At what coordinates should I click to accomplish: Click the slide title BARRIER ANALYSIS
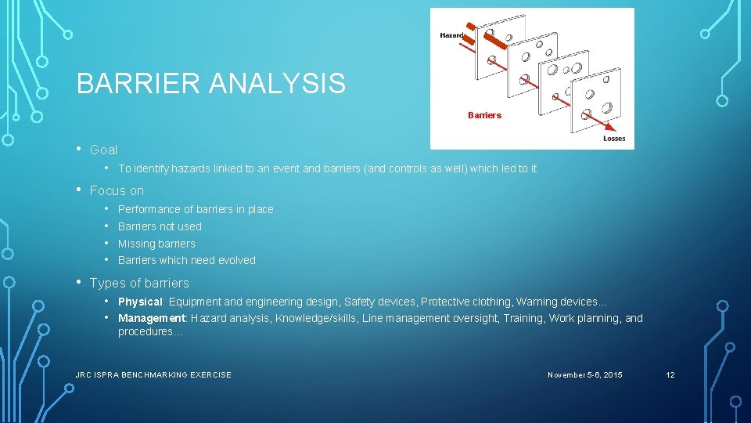[x=210, y=83]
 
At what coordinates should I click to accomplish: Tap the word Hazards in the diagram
[x=452, y=35]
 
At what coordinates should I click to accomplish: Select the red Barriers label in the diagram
[x=484, y=115]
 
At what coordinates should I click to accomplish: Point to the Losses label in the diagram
[x=614, y=139]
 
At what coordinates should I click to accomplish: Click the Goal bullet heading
[x=103, y=150]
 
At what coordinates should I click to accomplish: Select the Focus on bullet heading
[x=117, y=190]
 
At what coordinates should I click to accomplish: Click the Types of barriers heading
[x=139, y=283]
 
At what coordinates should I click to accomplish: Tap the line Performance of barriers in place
[x=196, y=209]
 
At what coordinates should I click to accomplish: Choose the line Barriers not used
[x=160, y=226]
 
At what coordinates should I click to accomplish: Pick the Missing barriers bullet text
[x=156, y=244]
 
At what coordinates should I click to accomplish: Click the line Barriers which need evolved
[x=186, y=260]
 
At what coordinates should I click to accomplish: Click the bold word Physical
[x=140, y=302]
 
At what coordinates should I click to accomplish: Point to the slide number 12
[x=670, y=375]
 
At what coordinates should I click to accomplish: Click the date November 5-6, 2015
[x=585, y=375]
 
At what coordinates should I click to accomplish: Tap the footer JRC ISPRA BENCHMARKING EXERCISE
[x=153, y=375]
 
